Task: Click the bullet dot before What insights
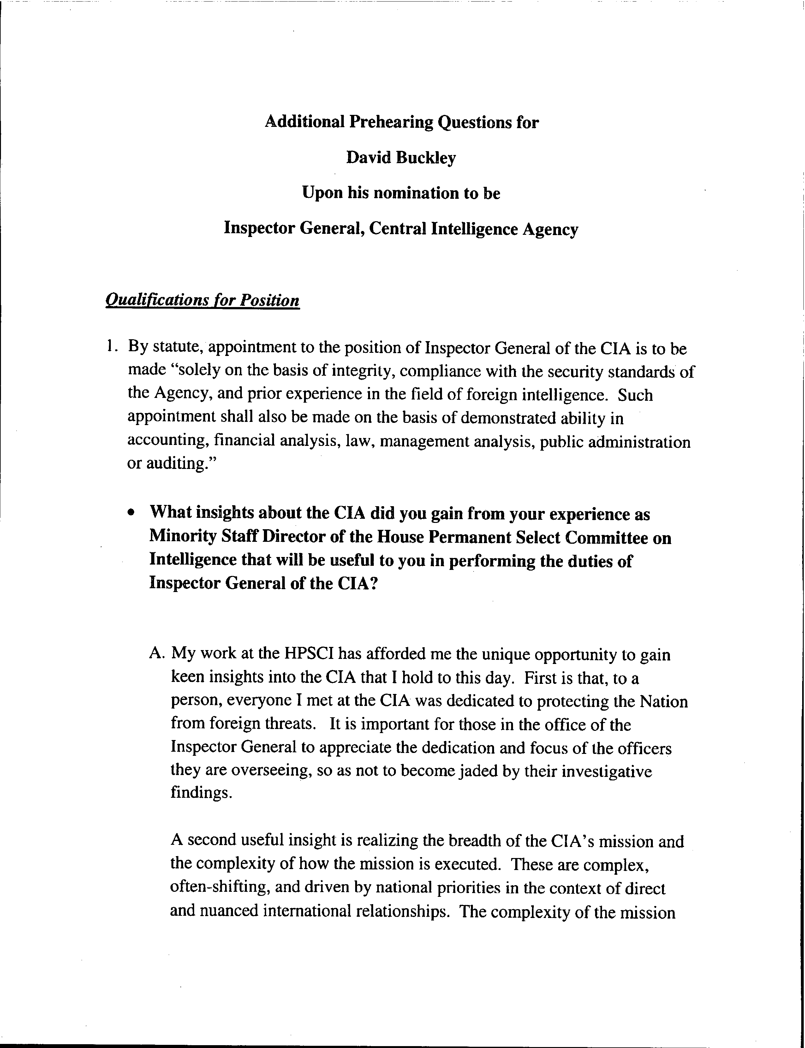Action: [131, 513]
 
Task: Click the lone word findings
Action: [201, 794]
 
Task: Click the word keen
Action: [187, 677]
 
